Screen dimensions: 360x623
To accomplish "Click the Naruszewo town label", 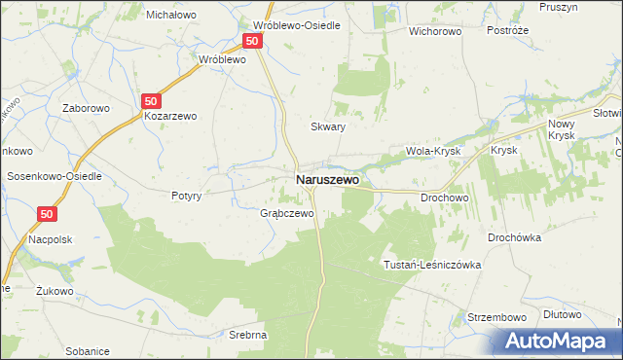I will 326,180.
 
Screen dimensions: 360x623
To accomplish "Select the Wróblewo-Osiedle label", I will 296,25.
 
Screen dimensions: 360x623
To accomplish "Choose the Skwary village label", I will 328,126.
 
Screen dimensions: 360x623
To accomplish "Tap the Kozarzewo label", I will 170,116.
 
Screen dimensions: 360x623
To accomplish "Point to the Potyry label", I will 185,196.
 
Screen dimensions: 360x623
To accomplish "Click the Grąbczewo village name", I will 286,213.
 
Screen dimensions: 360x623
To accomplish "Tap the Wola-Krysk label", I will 432,152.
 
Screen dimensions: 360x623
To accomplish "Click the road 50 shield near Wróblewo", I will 252,41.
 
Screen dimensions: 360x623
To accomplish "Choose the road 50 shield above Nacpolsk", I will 49,214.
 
